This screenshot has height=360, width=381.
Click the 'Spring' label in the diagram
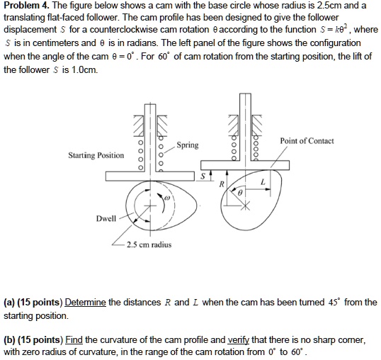coord(188,145)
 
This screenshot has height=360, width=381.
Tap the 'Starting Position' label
coord(96,155)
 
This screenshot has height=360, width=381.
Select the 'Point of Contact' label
coord(307,141)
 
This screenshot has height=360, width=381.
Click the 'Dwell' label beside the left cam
coord(106,219)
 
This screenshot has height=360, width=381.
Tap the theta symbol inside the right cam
coord(240,192)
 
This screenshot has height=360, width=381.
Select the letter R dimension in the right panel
coord(222,184)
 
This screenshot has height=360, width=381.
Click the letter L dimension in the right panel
coord(263,182)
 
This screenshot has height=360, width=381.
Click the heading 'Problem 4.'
coord(26,6)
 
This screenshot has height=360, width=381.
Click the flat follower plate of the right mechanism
coord(248,165)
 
